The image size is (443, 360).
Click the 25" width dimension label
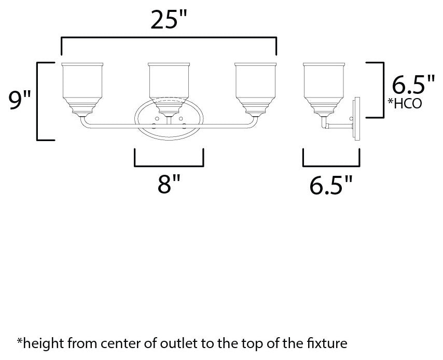click(x=169, y=19)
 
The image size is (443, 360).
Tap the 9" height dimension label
click(x=20, y=101)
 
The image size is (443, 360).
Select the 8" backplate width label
click(x=169, y=184)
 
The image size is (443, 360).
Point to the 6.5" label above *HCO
click(x=413, y=84)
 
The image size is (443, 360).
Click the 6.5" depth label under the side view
click(x=331, y=185)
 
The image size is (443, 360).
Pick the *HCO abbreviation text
click(x=405, y=103)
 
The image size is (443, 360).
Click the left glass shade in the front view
click(x=82, y=89)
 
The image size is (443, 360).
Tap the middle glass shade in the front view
click(x=169, y=89)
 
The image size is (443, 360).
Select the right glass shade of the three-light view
click(x=255, y=89)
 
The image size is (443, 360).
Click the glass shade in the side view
click(x=324, y=89)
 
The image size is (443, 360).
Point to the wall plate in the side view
click(x=357, y=118)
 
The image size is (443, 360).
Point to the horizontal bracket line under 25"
click(x=169, y=37)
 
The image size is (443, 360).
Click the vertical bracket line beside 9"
click(x=37, y=101)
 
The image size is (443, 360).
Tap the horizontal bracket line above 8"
click(x=169, y=166)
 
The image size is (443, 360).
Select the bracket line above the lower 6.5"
click(x=331, y=166)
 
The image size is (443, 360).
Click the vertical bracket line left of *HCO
click(x=383, y=90)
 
